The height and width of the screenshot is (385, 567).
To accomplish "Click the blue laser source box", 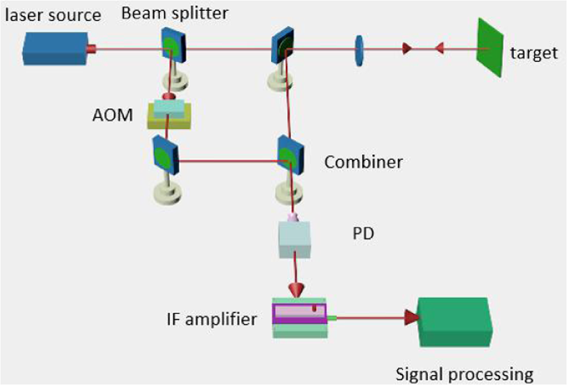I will click(x=56, y=48).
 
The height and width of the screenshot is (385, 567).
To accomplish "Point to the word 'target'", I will click(x=533, y=54).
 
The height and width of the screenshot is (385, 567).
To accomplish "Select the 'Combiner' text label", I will click(x=363, y=162).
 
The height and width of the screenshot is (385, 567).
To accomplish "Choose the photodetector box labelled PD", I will click(x=295, y=239).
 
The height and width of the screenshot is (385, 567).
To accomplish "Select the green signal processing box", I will click(x=454, y=322).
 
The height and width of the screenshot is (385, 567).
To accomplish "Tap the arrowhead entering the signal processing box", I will click(x=411, y=318).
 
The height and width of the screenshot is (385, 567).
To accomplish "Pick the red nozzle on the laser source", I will click(x=91, y=49).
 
